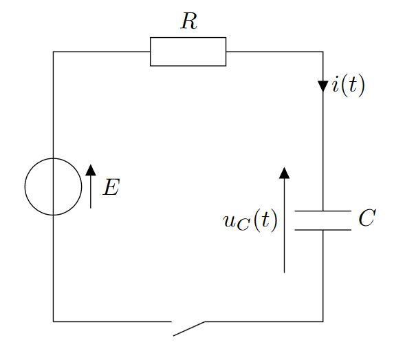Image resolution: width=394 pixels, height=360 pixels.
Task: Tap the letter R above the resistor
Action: tap(188, 21)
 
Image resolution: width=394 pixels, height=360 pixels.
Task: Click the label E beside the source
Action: tap(111, 187)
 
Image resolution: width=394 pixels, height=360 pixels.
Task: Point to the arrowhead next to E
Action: tap(91, 170)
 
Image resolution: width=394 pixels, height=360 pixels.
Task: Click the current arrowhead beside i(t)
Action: tap(323, 86)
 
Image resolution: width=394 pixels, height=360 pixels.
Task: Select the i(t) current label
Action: tap(348, 85)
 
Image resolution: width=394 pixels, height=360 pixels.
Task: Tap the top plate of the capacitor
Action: tap(323, 211)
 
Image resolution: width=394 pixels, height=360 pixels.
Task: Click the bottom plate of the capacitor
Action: tap(323, 230)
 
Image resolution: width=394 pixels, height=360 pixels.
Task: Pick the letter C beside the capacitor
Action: tap(367, 218)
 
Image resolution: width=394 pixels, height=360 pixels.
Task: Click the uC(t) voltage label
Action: tap(250, 221)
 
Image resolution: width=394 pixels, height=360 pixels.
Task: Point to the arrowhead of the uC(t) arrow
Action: tap(284, 173)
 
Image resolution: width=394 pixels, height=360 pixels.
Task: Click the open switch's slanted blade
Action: tap(188, 328)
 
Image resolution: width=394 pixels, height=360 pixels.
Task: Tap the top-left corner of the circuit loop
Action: tap(53, 52)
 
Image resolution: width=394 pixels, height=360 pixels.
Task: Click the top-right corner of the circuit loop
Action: tap(323, 52)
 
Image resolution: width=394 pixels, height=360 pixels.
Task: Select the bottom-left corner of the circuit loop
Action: tap(53, 321)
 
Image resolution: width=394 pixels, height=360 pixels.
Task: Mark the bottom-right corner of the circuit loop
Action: tap(323, 321)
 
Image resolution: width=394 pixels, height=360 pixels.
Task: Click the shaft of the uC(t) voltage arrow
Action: tap(284, 225)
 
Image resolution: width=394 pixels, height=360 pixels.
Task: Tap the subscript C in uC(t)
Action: tap(243, 224)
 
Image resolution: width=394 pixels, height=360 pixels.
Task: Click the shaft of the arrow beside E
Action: tap(91, 191)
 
